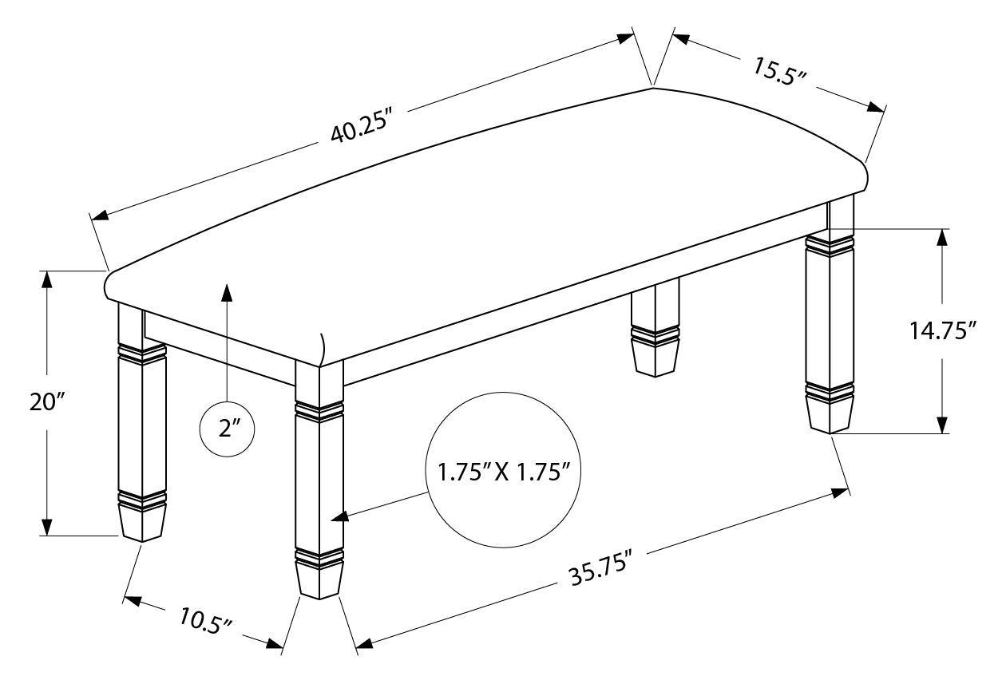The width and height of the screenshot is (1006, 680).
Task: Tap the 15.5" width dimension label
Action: pyautogui.click(x=778, y=71)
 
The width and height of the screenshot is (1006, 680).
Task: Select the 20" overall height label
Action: pyautogui.click(x=47, y=401)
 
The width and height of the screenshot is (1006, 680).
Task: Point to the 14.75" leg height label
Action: pyautogui.click(x=942, y=330)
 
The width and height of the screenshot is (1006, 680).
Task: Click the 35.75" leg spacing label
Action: pyautogui.click(x=601, y=569)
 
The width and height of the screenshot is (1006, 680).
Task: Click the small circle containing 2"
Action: pyautogui.click(x=228, y=429)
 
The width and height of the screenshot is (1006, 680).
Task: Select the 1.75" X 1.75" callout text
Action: pyautogui.click(x=504, y=472)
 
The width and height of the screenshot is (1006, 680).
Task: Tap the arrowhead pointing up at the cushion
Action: pyautogui.click(x=228, y=292)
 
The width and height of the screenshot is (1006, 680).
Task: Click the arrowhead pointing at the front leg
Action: pyautogui.click(x=340, y=516)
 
